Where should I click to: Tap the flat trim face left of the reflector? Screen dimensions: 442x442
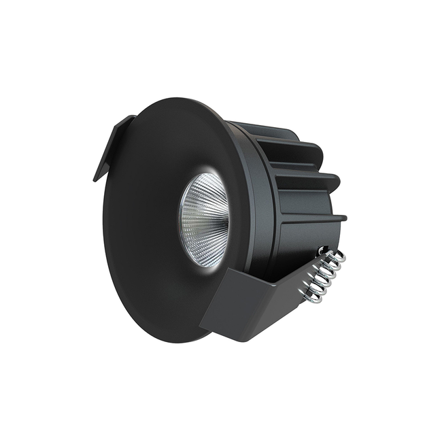coord(139,218)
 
